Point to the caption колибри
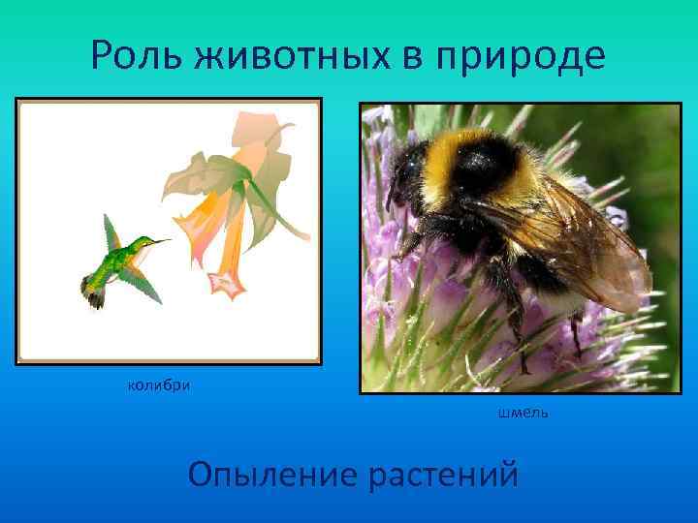159,387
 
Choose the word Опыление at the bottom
271,476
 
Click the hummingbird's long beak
158,242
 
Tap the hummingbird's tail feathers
95,296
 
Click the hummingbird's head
141,246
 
